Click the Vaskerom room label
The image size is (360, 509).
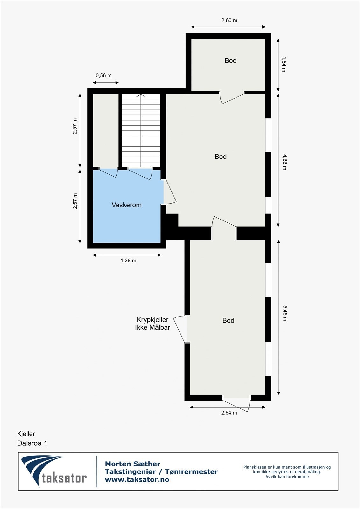(126, 205)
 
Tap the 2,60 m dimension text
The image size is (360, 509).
(229, 21)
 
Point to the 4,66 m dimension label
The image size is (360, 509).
(284, 162)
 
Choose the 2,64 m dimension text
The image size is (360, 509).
(229, 413)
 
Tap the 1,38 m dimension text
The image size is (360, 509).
(128, 261)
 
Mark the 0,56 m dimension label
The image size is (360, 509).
(103, 76)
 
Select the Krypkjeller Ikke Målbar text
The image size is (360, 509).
(152, 324)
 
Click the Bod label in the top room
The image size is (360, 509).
(230, 60)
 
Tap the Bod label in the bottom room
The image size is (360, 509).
(228, 321)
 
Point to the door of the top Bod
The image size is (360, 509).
(232, 98)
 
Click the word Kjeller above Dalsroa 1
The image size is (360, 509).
(26, 434)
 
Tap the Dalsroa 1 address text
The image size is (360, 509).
(32, 443)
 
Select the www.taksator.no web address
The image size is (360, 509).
(137, 480)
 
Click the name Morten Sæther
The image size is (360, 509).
(132, 464)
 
